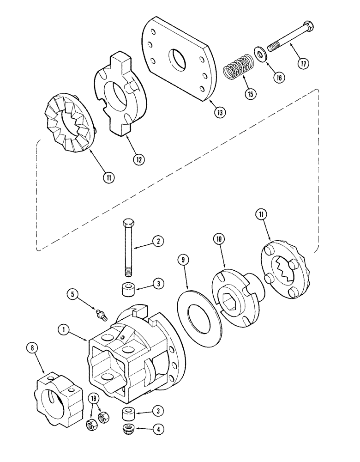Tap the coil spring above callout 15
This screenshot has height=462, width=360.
[x=239, y=69]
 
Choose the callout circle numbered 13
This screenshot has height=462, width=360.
[x=220, y=111]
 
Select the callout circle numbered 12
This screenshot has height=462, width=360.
[x=138, y=159]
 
